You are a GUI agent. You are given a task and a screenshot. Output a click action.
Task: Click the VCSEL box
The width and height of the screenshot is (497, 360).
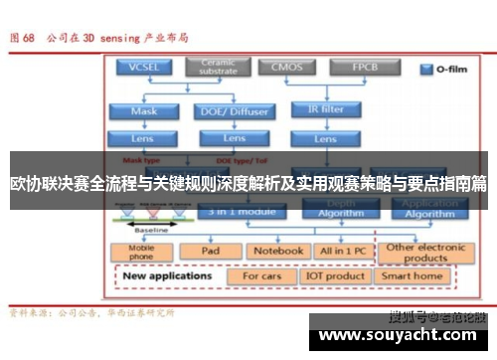143,67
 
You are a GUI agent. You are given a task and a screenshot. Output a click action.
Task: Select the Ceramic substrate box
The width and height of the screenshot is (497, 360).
217,67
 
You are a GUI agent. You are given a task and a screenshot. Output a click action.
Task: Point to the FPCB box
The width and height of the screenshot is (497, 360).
364,67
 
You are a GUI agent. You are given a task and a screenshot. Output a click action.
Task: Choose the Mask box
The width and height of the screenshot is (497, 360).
143,111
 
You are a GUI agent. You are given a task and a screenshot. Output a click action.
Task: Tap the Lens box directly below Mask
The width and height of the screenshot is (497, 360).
143,138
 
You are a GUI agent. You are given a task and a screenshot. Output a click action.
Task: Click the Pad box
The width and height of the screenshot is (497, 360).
210,251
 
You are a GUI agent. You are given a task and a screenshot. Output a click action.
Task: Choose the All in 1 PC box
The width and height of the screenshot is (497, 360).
343,251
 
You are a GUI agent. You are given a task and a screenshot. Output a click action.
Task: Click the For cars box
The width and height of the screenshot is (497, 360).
263,275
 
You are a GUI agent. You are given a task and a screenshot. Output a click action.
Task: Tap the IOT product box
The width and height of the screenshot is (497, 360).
335,275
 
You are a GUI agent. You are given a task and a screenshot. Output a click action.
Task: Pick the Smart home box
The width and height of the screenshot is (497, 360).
413,275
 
